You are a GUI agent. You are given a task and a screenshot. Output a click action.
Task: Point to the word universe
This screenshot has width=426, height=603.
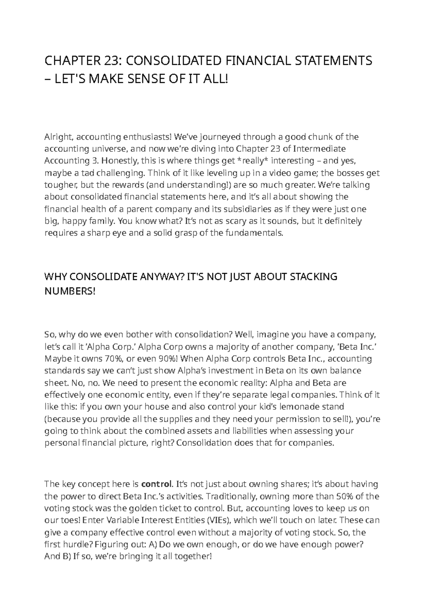point(105,149)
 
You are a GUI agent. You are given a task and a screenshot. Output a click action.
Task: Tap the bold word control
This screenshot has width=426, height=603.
point(157,484)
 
